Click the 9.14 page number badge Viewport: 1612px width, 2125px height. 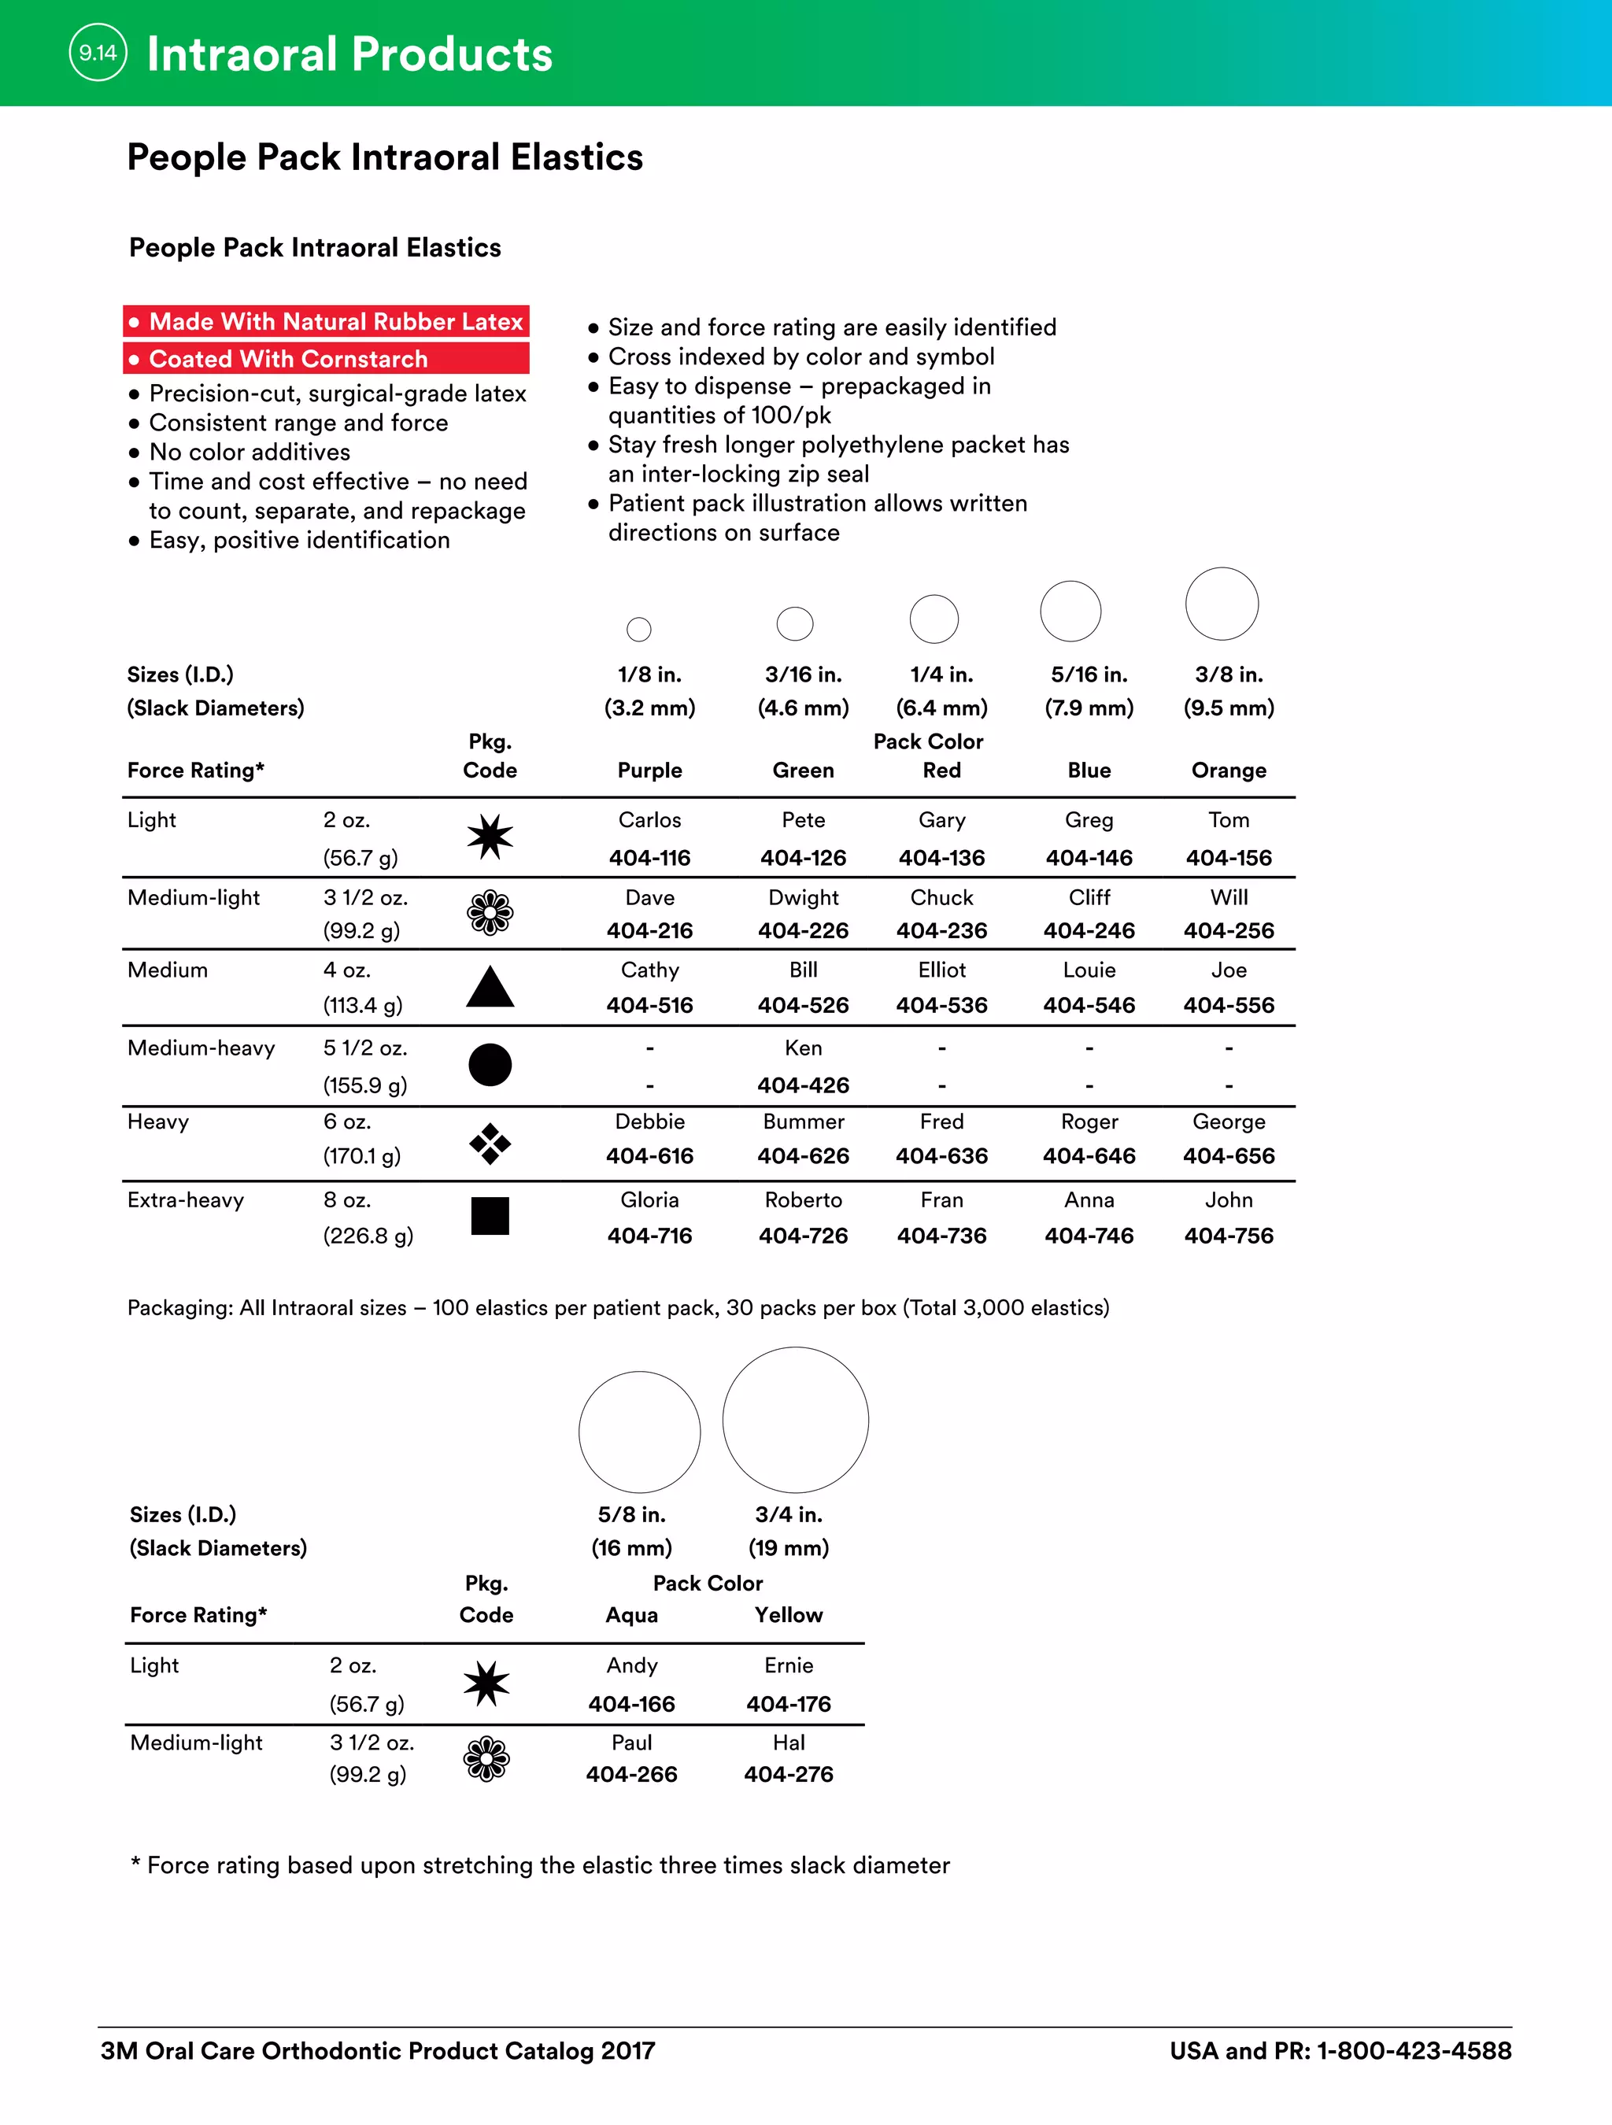[98, 53]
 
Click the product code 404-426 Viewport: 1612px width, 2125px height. [803, 1085]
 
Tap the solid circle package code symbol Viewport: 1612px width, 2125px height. [490, 1064]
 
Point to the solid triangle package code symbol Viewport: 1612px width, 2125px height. [490, 989]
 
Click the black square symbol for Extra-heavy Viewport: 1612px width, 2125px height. [490, 1215]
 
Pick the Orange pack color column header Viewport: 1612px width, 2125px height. [1228, 770]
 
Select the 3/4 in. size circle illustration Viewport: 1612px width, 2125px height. [796, 1420]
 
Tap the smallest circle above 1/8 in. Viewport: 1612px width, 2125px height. [639, 630]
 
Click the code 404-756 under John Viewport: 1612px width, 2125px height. [1228, 1236]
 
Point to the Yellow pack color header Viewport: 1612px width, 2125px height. [788, 1615]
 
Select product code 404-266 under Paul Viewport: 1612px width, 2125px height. [631, 1774]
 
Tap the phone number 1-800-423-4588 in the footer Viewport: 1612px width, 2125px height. [1413, 2051]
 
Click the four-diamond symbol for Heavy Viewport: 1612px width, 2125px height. [490, 1144]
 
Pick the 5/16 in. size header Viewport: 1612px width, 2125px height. [1089, 674]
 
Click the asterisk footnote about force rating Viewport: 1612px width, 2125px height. [540, 1864]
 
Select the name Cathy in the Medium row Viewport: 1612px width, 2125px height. [649, 970]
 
